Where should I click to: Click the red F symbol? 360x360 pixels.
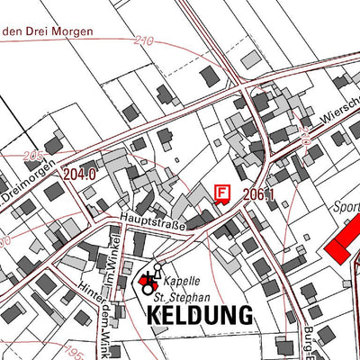pos(222,193)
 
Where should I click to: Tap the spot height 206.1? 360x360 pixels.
pos(257,194)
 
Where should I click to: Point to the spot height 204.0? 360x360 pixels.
pos(80,175)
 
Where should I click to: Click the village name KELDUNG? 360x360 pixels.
pos(198,315)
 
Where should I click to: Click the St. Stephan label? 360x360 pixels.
pos(182,295)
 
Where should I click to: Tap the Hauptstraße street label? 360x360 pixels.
pos(149,222)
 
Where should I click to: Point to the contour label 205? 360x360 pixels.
pos(34,156)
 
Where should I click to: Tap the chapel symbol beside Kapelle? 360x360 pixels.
pos(148,284)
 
